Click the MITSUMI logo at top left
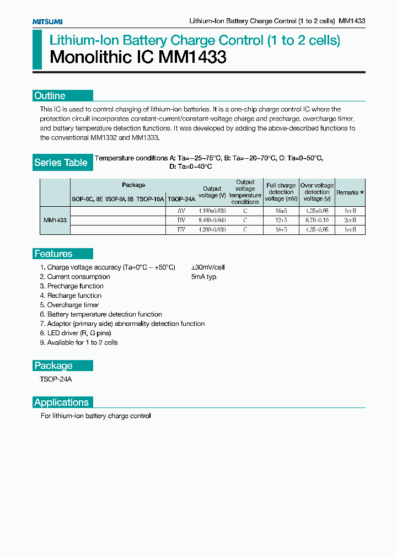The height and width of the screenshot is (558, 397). tap(47, 22)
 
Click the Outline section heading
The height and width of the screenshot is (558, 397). tap(50, 95)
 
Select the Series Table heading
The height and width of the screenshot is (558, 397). tap(61, 162)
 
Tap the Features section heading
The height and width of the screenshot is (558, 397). tap(53, 254)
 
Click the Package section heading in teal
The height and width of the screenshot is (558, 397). tap(53, 366)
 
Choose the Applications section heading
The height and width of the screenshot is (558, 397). tap(62, 402)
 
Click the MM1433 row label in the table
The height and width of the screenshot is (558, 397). tap(55, 220)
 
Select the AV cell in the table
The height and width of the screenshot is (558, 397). tap(181, 211)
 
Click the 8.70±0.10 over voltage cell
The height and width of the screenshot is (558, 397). tap(317, 220)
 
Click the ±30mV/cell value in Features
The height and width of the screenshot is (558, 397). tap(208, 267)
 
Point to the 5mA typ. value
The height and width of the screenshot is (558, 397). tap(205, 277)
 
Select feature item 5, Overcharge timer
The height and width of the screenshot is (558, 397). tap(69, 305)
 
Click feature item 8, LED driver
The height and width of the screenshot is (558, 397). tap(76, 333)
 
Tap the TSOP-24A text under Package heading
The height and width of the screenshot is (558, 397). tap(56, 379)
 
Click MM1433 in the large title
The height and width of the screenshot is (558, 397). tap(192, 57)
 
